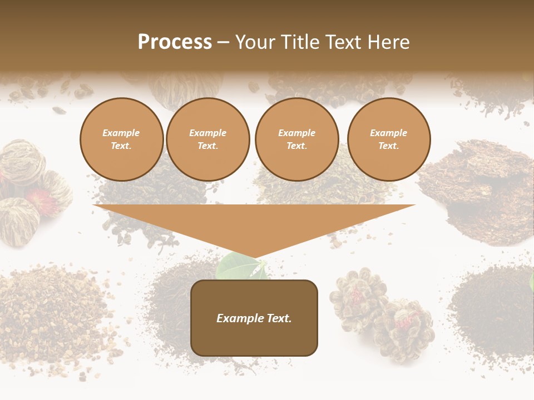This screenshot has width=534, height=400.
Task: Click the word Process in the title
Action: click(x=175, y=42)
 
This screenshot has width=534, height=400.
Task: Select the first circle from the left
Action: click(x=121, y=139)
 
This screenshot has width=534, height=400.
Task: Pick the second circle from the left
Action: click(x=207, y=139)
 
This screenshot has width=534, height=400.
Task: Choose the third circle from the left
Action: click(x=296, y=139)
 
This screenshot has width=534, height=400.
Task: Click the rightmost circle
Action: click(x=389, y=139)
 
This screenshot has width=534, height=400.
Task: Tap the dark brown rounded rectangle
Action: click(x=254, y=318)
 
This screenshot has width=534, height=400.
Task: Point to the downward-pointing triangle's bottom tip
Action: click(x=255, y=258)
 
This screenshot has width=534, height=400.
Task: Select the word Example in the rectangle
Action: click(x=239, y=318)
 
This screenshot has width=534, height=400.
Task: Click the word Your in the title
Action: click(x=255, y=42)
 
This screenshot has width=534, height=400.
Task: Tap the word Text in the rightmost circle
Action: click(x=388, y=146)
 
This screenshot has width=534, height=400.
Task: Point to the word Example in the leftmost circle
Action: click(x=121, y=133)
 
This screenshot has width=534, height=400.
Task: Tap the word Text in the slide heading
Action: click(x=343, y=42)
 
